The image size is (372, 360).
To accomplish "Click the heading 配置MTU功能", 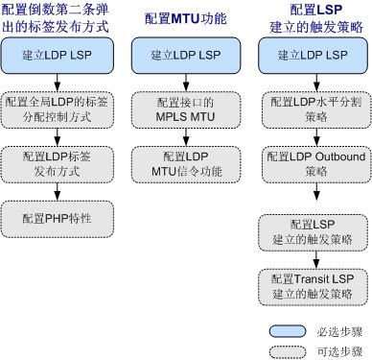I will tap(183, 19).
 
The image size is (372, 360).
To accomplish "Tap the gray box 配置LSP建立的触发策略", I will tap(310, 230).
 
